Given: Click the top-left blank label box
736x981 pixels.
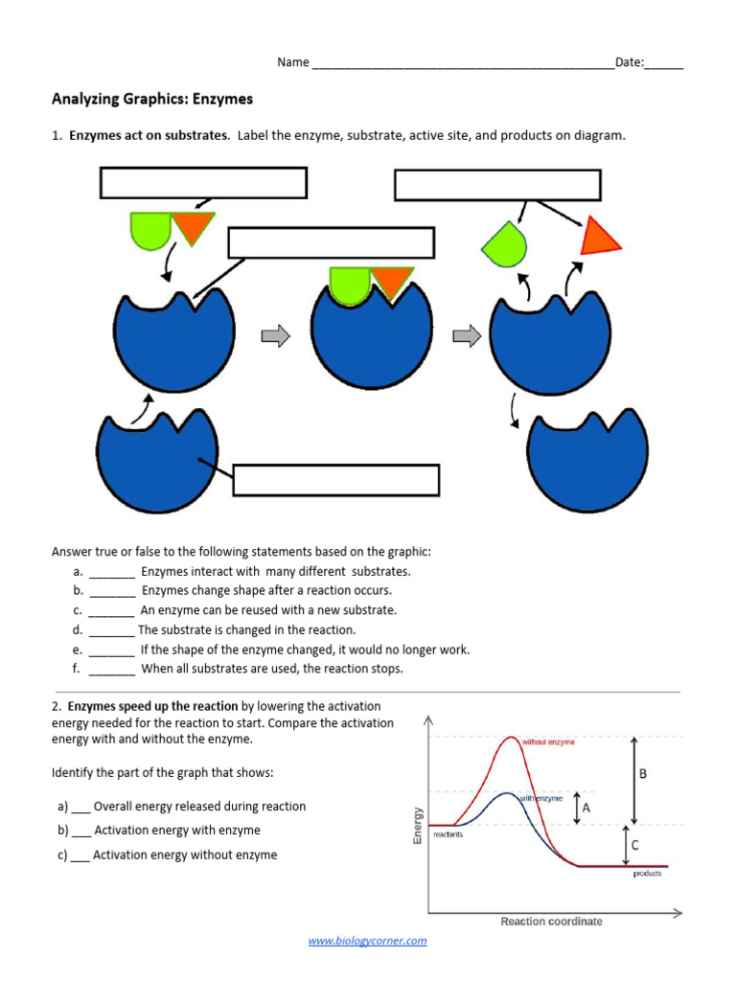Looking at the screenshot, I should (203, 183).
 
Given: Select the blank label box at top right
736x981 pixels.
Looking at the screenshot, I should (497, 185).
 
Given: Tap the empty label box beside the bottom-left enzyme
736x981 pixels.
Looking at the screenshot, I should (336, 480).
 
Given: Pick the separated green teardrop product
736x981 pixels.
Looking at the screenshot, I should (505, 245).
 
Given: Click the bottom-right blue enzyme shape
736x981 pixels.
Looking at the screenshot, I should (587, 459).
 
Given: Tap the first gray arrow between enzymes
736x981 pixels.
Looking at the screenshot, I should (275, 335).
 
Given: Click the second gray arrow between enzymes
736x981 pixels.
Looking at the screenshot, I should (467, 335).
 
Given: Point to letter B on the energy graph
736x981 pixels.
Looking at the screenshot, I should (643, 773).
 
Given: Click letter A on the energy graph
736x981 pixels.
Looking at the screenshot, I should (586, 808).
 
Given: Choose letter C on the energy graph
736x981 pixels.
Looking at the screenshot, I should (634, 845).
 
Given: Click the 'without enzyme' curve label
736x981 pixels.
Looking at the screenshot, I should (548, 742).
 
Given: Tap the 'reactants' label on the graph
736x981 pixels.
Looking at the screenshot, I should (448, 834).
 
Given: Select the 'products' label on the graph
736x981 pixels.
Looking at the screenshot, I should (647, 874).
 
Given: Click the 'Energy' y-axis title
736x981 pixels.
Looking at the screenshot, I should (418, 826).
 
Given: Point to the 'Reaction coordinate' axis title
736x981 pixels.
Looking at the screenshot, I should (551, 922).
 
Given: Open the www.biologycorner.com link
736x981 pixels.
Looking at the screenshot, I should (367, 941).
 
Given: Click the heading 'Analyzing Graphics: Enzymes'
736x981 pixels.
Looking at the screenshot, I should (151, 99).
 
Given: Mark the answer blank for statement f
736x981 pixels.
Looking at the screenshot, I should (112, 670).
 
